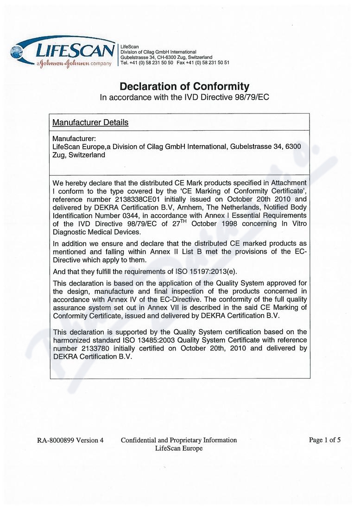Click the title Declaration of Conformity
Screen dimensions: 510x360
(184, 86)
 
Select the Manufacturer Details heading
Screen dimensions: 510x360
(90, 123)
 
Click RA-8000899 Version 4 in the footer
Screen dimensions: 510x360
(70, 440)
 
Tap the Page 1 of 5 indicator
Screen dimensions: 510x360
(325, 440)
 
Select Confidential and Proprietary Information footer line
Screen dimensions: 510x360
(179, 440)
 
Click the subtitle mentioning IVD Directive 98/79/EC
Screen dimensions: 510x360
(184, 97)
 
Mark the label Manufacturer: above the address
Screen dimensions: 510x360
(74, 139)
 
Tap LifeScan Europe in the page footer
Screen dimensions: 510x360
(179, 448)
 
